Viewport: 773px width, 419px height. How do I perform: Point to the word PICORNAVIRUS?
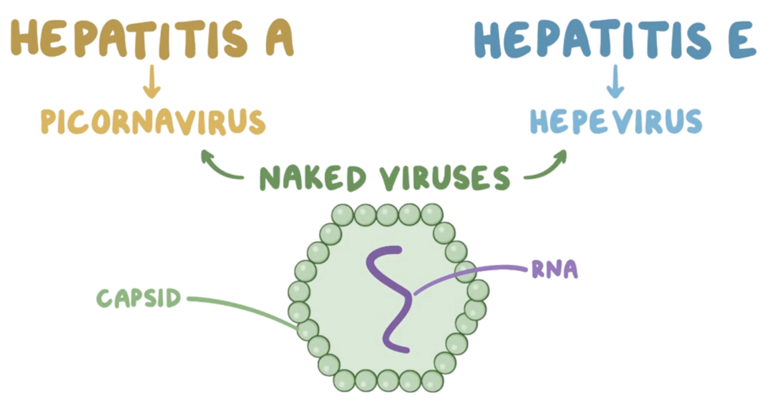coord(153,122)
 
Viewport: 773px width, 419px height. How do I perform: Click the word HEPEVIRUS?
coord(616,122)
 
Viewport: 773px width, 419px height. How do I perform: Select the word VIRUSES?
coord(444,178)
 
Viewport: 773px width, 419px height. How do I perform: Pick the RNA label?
coord(554,270)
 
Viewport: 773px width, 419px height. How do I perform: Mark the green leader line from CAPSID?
coord(243,308)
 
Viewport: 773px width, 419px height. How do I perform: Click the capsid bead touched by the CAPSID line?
coord(308,330)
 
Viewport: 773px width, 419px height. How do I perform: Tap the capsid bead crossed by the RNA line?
coord(466,271)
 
